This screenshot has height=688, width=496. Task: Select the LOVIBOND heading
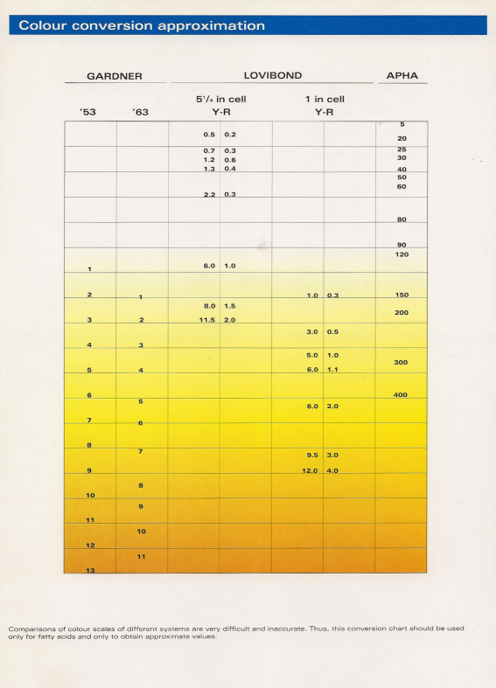(x=272, y=76)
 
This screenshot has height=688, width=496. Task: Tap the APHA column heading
(x=402, y=76)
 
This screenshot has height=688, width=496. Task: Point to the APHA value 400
(x=401, y=395)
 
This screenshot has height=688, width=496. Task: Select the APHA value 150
(x=402, y=295)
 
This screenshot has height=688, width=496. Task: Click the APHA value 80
(x=402, y=219)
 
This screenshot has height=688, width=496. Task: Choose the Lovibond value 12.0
(x=310, y=471)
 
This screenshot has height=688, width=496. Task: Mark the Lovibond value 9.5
(x=311, y=455)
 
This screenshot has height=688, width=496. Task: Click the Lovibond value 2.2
(x=209, y=194)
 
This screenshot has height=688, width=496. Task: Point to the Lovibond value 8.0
(x=209, y=306)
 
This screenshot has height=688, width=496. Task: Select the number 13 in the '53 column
(x=89, y=571)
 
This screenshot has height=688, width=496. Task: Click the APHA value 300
(x=402, y=362)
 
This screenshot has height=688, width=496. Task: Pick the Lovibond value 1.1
(x=332, y=370)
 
